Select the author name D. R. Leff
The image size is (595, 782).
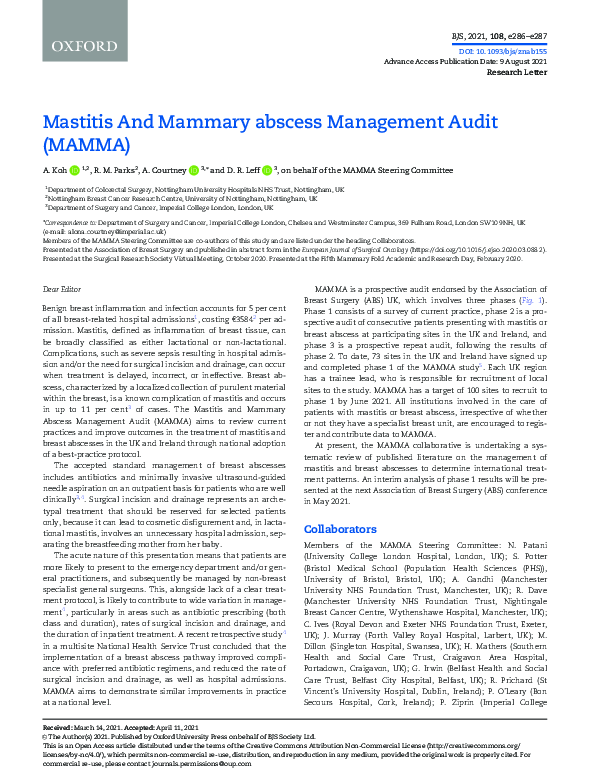tap(252, 171)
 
